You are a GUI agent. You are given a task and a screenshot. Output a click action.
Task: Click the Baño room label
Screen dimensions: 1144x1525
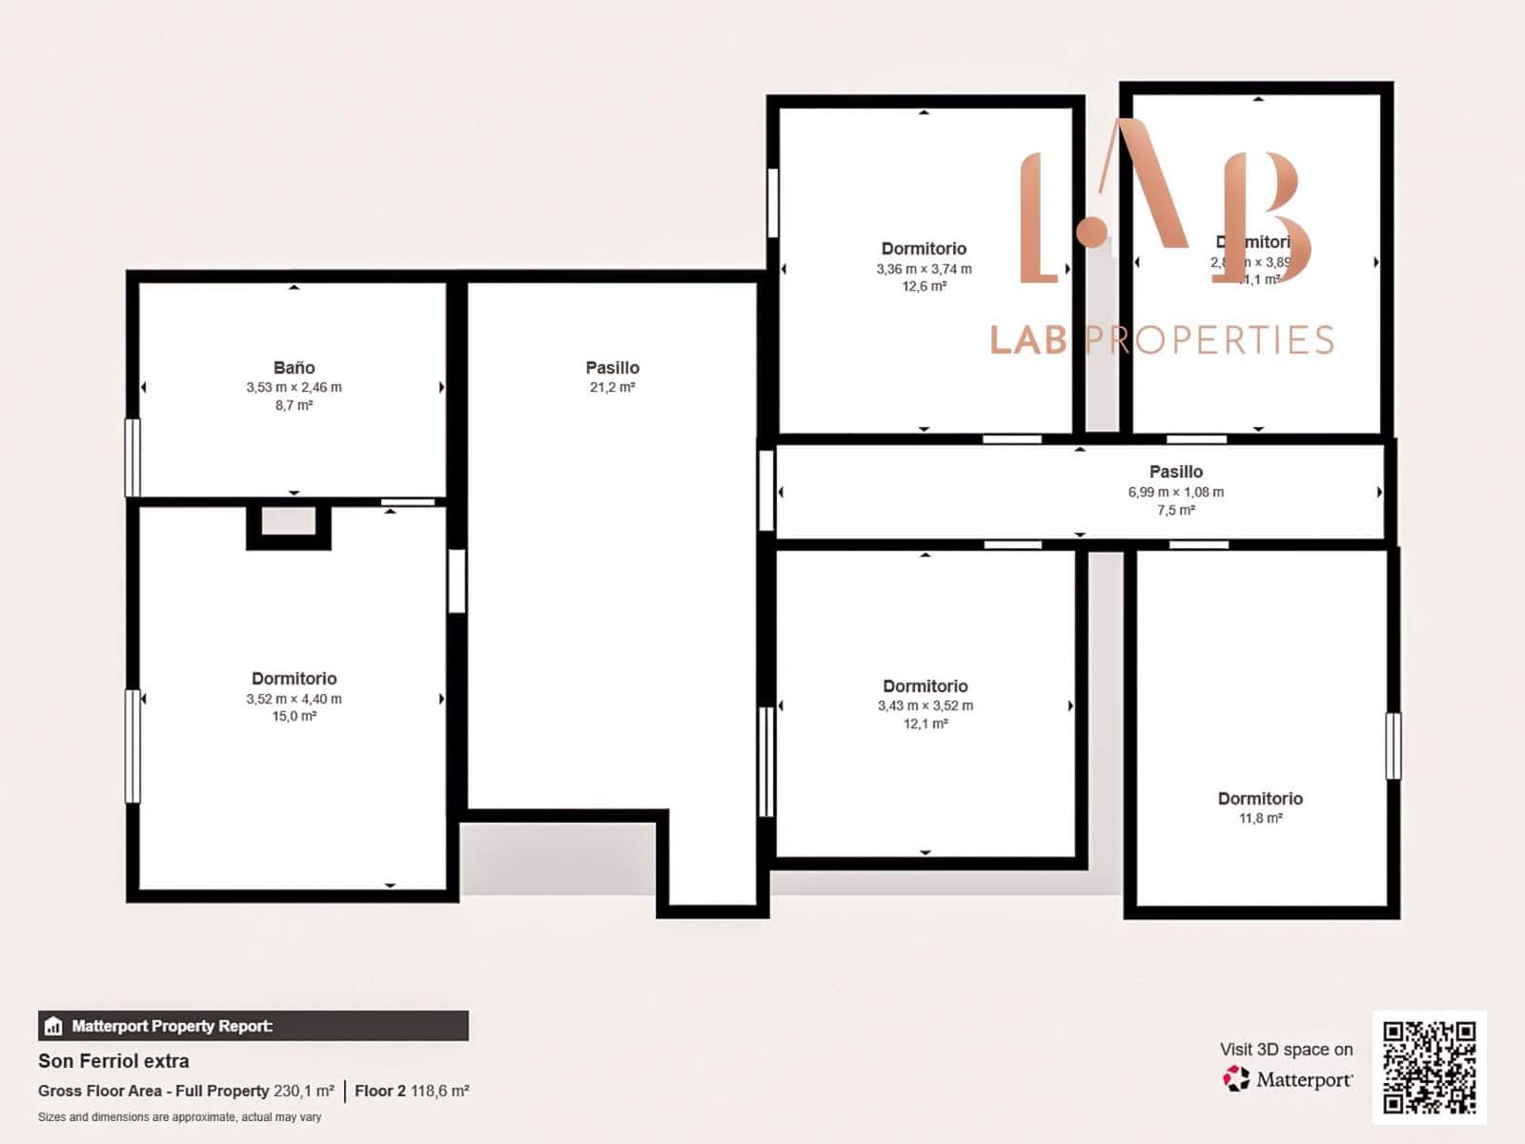coord(294,367)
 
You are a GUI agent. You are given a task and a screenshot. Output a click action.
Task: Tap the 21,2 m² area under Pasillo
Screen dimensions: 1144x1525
coord(612,387)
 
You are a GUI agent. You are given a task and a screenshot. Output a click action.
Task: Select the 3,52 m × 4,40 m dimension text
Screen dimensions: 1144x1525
coord(294,699)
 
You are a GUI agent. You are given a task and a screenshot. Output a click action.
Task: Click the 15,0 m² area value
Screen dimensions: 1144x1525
coord(294,716)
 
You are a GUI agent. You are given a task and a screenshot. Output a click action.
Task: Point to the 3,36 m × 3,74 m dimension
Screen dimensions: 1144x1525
coord(924,269)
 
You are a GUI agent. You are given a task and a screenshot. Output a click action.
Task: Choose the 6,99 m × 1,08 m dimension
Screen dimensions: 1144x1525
coord(1175,492)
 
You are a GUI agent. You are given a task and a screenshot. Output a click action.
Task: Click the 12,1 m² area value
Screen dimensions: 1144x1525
coord(925,724)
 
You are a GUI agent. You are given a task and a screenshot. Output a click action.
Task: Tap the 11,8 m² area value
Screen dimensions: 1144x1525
coord(1260,818)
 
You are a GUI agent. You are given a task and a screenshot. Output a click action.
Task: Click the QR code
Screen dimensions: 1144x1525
coord(1429,1068)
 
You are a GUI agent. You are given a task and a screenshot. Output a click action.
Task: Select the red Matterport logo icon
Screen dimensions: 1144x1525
coord(1236,1078)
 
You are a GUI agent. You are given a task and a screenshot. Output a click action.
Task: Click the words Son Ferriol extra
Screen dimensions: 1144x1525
coord(113,1060)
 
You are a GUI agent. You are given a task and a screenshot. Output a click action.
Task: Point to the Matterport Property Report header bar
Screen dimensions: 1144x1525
coord(253,1026)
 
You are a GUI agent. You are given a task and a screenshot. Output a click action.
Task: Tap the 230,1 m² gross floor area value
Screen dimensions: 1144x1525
coord(304,1091)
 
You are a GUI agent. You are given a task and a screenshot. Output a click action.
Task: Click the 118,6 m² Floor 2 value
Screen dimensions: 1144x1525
coord(439,1091)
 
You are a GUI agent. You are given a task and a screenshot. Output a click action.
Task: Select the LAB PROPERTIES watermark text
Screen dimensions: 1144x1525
coord(1161,339)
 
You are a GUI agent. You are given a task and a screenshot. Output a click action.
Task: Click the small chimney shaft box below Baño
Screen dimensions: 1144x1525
coord(288,522)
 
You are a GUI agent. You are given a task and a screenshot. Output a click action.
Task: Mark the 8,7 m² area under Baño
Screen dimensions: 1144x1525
coord(294,405)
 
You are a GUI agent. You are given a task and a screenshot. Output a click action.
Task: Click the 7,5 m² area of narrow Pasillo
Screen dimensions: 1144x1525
coord(1175,510)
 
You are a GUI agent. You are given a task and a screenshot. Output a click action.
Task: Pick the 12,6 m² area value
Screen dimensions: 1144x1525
coord(924,286)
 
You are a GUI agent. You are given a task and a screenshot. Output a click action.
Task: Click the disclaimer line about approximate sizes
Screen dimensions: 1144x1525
coord(179,1116)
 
